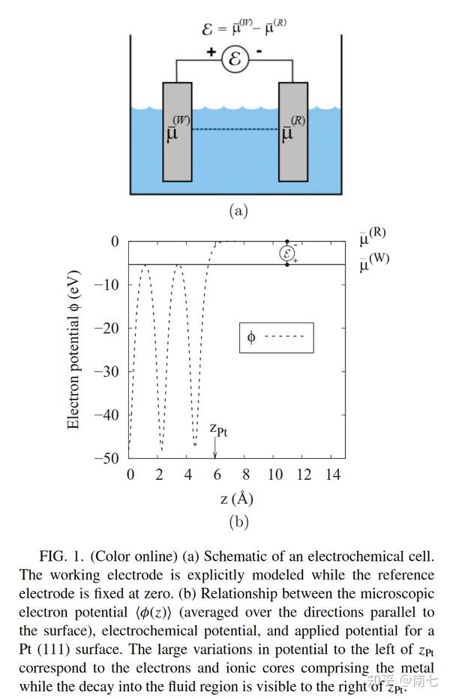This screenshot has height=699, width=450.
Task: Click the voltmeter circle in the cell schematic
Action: tap(235, 59)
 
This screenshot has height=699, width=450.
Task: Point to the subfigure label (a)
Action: tap(238, 211)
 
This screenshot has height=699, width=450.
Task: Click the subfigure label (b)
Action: tap(238, 521)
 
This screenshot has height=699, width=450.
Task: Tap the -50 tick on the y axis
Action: tap(109, 458)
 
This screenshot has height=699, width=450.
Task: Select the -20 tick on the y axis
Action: tap(109, 328)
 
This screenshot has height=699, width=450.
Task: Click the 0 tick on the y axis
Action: tap(115, 242)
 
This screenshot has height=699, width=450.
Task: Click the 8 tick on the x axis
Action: tap(245, 475)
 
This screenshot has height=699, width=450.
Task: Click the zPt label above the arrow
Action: tap(217, 429)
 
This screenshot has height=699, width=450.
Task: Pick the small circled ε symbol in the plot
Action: tap(287, 254)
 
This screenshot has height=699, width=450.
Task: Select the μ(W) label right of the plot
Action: tap(373, 261)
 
